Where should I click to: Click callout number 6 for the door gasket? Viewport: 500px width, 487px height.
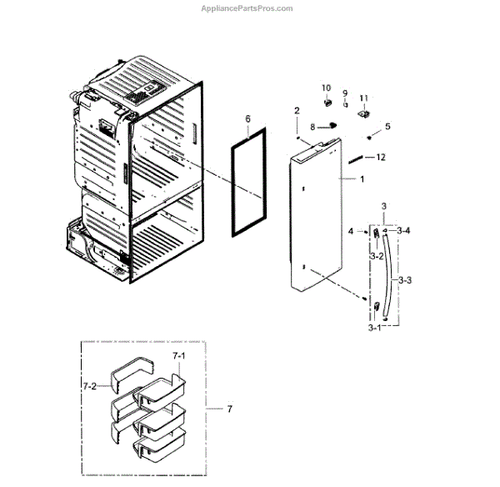coord(247,119)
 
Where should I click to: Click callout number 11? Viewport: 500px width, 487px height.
coord(363,98)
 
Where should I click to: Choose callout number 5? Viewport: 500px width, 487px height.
coord(387,126)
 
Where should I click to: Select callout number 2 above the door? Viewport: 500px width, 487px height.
coord(296,111)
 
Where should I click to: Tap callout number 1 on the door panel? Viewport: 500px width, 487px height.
coord(362,179)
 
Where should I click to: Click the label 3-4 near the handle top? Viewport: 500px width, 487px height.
coord(403,230)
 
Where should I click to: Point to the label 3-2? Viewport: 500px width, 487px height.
coord(377,256)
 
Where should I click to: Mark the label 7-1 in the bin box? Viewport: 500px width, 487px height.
coord(180,355)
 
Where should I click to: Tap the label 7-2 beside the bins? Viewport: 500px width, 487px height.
coord(90,386)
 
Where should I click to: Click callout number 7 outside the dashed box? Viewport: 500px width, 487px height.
coord(229,409)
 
